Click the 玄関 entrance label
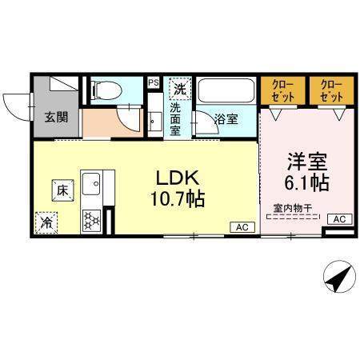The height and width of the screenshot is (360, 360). coord(56,118)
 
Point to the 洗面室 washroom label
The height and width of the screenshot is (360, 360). coord(176,120)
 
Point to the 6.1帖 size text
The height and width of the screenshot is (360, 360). coord(306,182)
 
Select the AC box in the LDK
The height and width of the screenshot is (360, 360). coord(242,226)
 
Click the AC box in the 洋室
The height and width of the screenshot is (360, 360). coord(338,218)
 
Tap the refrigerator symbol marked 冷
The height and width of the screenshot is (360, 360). coord(46,221)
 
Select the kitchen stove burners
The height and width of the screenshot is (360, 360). coord(91,217)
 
